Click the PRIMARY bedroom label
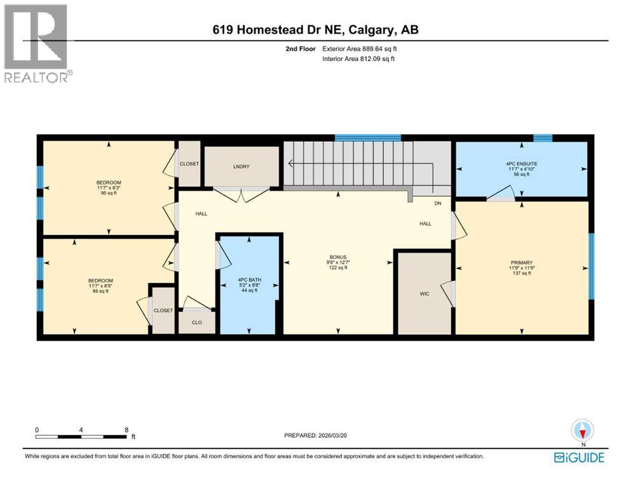coord(521,262)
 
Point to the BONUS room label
coord(338,256)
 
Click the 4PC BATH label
coord(247,280)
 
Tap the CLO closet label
coord(197,322)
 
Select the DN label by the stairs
coord(437,203)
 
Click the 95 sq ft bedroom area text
coord(107,193)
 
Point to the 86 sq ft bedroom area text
coord(100,291)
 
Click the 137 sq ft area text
coord(521,273)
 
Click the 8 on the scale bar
coord(126,430)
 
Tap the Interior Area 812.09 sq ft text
coord(358,59)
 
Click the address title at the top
coord(315,30)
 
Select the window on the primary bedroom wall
coord(590,266)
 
